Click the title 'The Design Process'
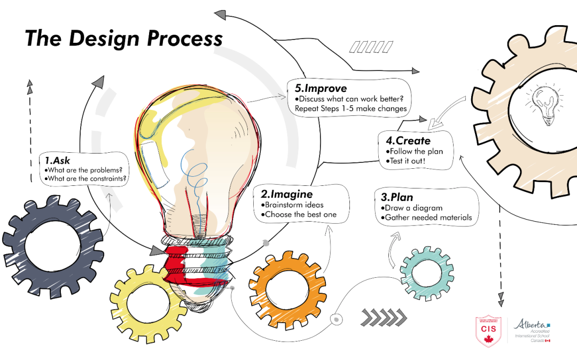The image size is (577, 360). point(123,39)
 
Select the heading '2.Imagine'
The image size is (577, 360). point(286,194)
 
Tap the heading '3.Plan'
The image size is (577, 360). point(396,197)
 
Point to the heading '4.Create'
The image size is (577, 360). point(408,140)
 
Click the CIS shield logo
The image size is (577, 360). point(488,330)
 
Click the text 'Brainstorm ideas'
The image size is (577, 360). point(294,205)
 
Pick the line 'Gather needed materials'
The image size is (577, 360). point(427,217)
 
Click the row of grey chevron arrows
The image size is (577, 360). point(383,317)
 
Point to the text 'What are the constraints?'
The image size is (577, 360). point(86,179)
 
